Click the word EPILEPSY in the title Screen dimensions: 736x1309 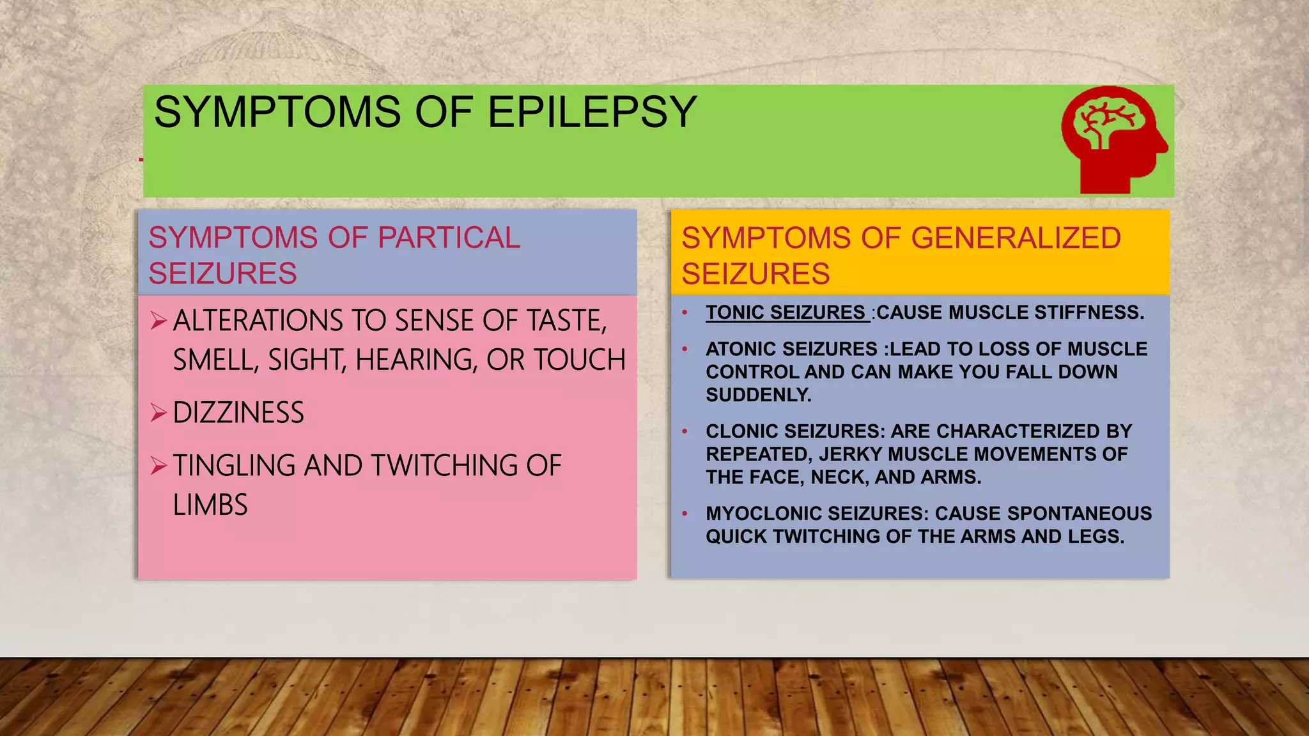592,112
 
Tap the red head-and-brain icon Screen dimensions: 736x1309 1113,139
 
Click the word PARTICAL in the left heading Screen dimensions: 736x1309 449,238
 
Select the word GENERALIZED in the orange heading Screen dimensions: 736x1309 1016,238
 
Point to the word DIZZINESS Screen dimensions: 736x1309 238,413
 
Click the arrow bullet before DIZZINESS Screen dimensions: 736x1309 159,413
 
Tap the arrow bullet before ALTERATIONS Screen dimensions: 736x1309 159,320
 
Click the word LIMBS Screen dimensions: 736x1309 210,505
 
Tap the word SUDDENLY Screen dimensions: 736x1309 758,395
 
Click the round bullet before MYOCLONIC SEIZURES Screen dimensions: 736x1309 685,514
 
